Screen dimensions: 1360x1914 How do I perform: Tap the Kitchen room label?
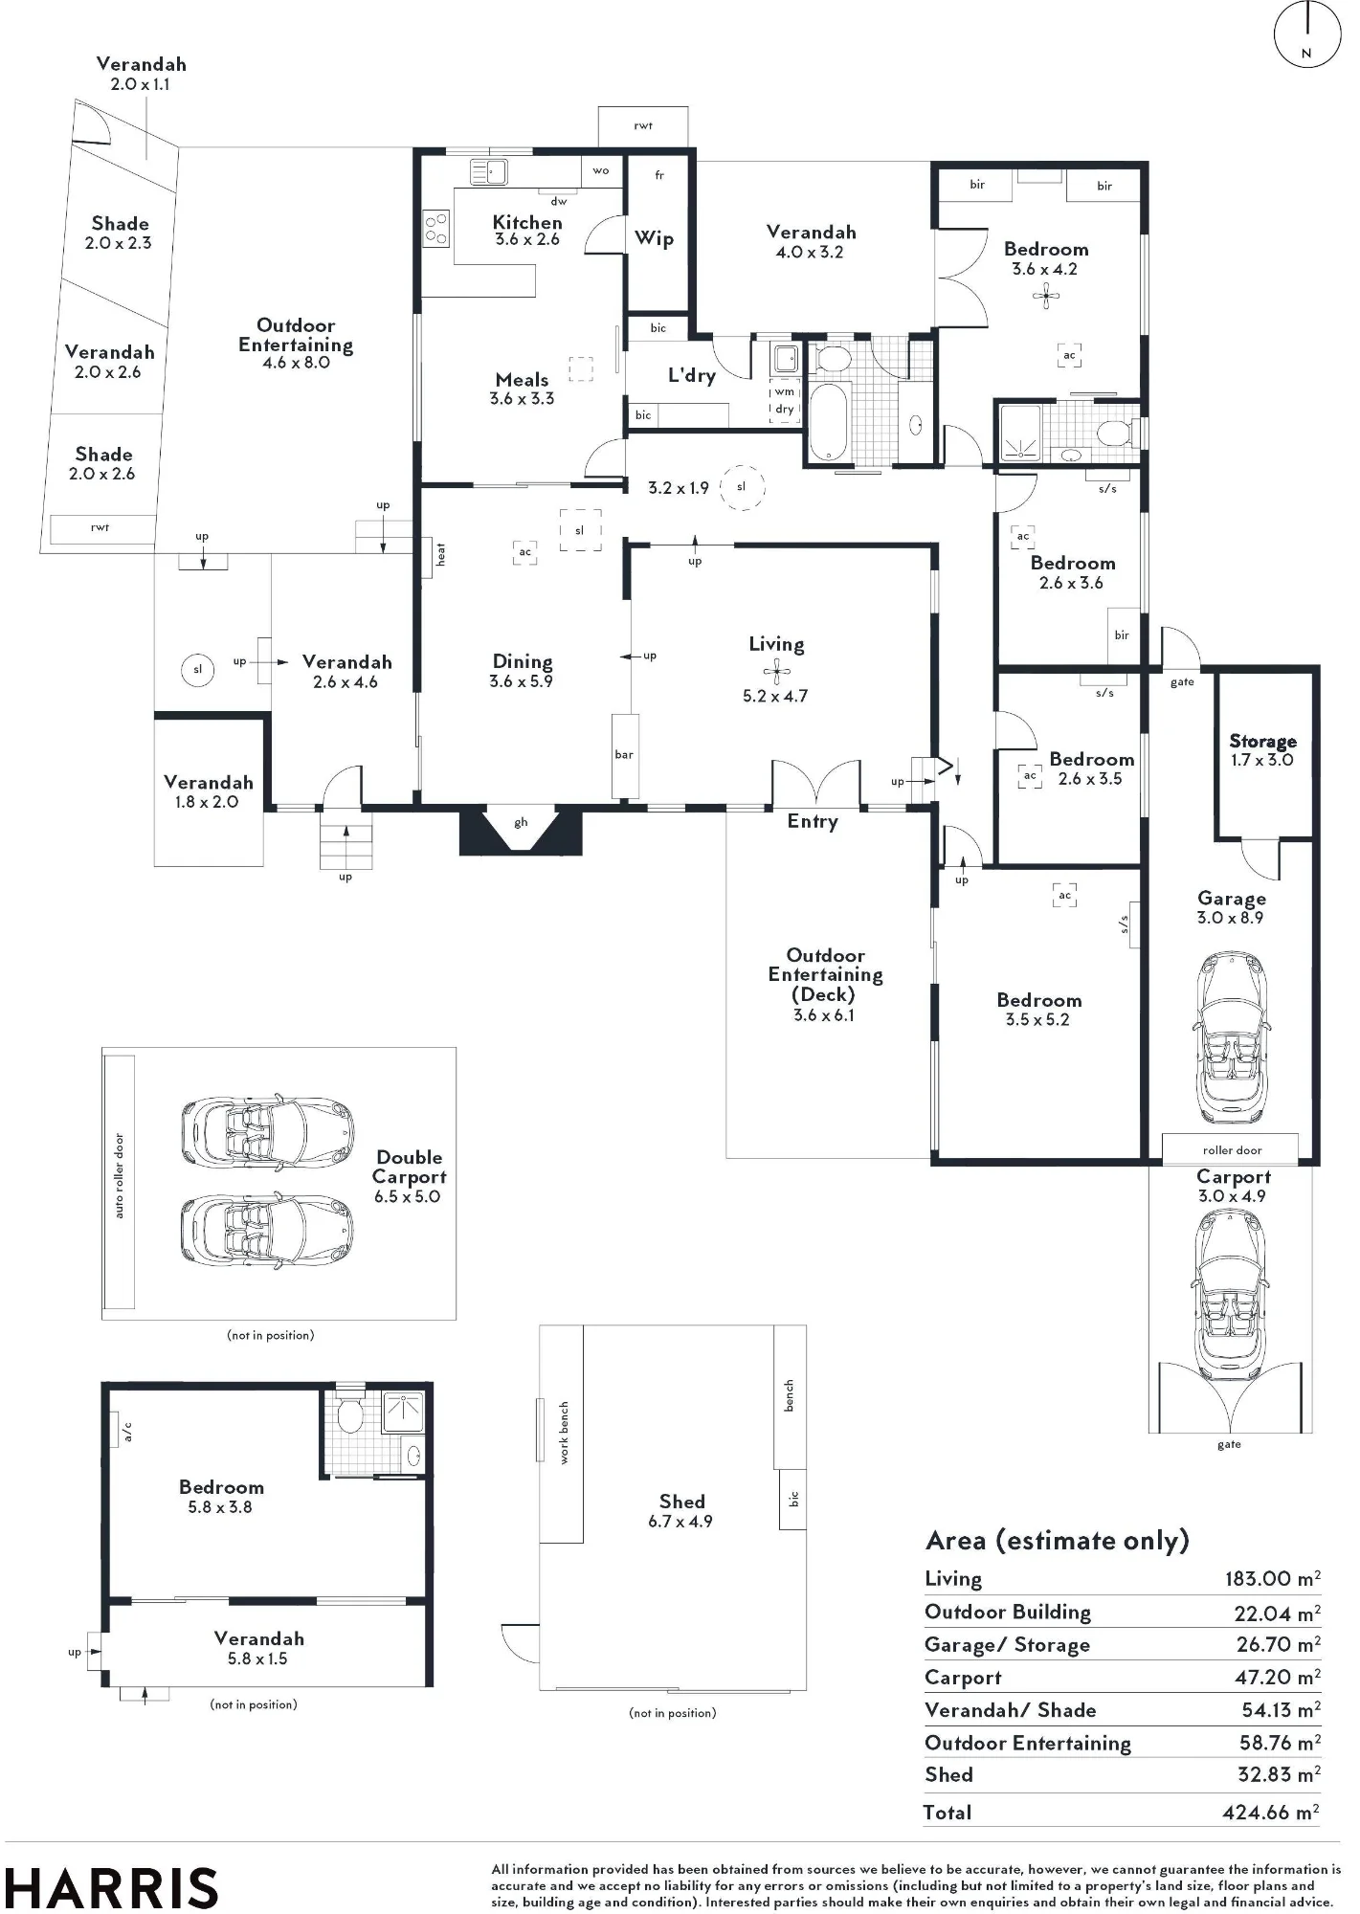pyautogui.click(x=527, y=222)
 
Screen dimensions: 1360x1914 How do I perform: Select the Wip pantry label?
pyautogui.click(x=655, y=238)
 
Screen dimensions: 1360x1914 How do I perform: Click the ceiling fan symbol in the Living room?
pyautogui.click(x=777, y=670)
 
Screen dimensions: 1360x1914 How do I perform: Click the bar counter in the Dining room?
pyautogui.click(x=625, y=754)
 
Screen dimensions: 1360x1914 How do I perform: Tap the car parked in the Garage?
pyautogui.click(x=1232, y=1038)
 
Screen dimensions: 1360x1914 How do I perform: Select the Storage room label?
pyautogui.click(x=1262, y=741)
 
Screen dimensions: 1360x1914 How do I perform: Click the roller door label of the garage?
pyautogui.click(x=1232, y=1150)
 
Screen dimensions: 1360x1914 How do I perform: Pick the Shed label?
pyautogui.click(x=681, y=1502)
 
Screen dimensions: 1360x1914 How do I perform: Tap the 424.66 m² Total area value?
pyautogui.click(x=1272, y=1813)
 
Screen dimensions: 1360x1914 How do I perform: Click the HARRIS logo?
pyautogui.click(x=112, y=1888)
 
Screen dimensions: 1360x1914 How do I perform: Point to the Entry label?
pyautogui.click(x=813, y=821)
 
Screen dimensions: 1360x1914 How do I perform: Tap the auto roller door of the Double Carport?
pyautogui.click(x=119, y=1182)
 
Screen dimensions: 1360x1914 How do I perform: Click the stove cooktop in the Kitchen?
pyautogui.click(x=436, y=229)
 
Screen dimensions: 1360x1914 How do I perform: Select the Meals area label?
pyautogui.click(x=522, y=380)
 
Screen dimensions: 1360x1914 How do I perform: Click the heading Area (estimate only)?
pyautogui.click(x=1058, y=1541)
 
